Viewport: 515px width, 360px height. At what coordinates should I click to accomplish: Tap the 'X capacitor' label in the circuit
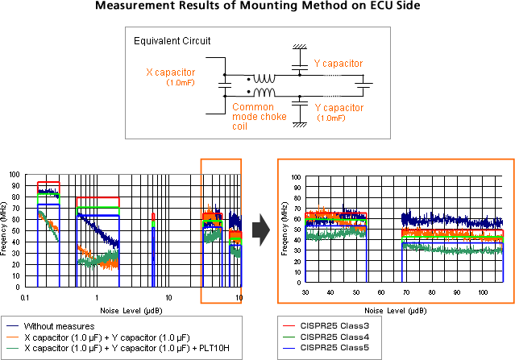click(171, 72)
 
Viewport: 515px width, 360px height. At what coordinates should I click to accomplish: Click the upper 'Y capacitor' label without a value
click(338, 64)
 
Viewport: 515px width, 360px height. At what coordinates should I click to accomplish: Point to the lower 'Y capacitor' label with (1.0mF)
click(338, 106)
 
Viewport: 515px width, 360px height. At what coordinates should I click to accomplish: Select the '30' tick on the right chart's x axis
click(305, 292)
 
